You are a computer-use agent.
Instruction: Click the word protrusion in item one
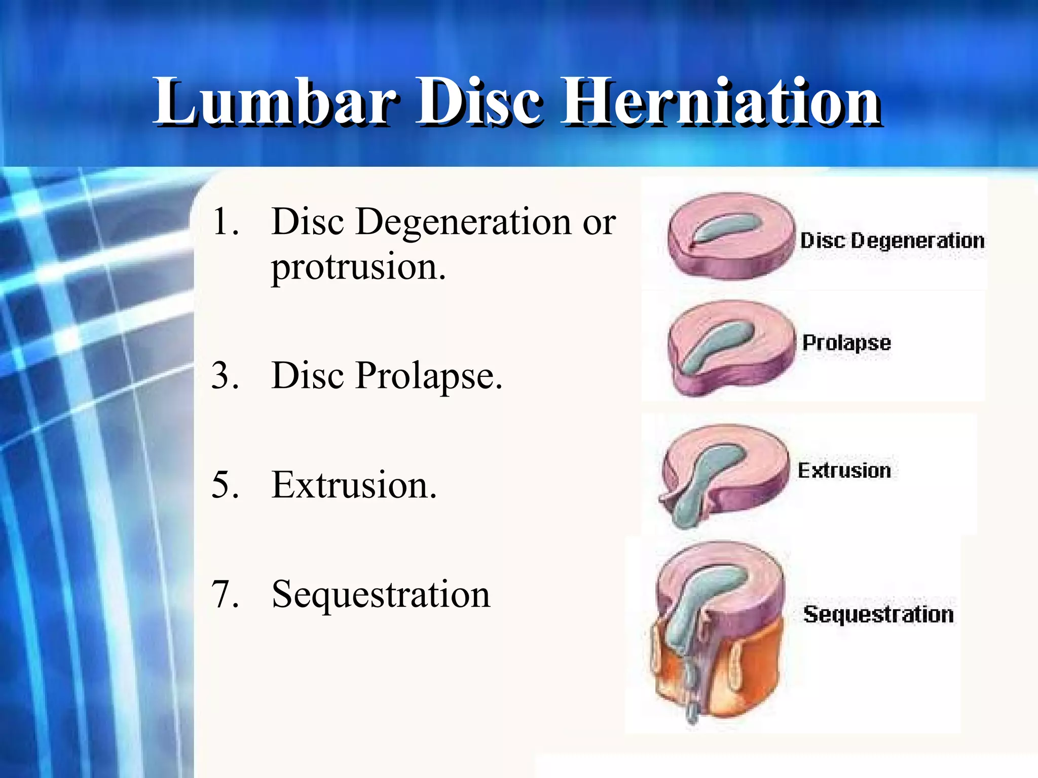click(x=358, y=267)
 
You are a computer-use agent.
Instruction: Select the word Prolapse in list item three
click(x=428, y=376)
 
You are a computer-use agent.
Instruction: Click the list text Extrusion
click(x=353, y=485)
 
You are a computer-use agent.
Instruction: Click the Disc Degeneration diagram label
click(x=892, y=241)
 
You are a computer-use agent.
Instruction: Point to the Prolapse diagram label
click(x=846, y=343)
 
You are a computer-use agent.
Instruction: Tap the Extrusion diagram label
click(x=844, y=471)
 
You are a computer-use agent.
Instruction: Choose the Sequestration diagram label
click(x=878, y=614)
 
